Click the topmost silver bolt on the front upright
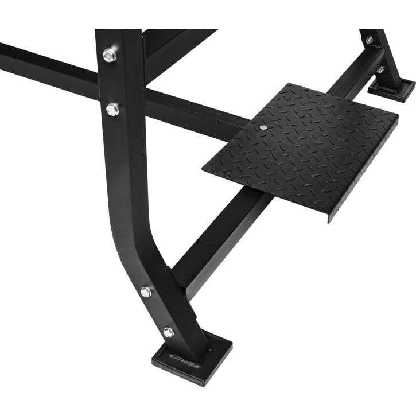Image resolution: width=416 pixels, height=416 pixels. click(109, 55)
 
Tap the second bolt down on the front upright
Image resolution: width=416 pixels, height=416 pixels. click(112, 108)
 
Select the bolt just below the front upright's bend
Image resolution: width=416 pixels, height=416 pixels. click(146, 292)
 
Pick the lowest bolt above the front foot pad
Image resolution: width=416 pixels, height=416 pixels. click(168, 332)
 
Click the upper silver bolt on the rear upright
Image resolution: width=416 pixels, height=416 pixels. click(369, 41)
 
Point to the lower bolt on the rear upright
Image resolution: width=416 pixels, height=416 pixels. click(380, 70)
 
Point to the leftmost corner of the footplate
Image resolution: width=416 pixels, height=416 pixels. click(204, 168)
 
